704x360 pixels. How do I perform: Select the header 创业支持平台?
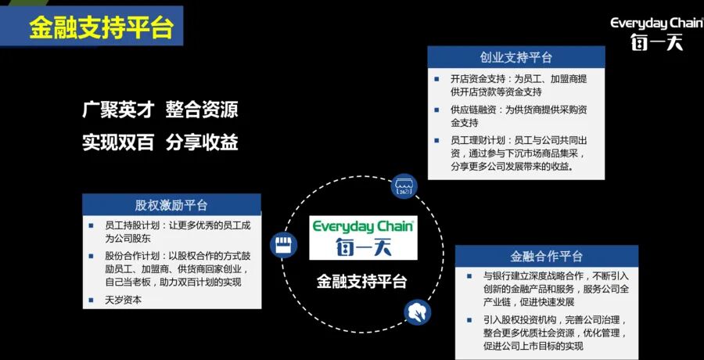[x=515, y=57]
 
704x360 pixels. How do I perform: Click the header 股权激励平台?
[x=171, y=205]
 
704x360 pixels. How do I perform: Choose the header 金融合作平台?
[x=546, y=256]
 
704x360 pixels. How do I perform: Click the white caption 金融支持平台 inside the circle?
[x=363, y=280]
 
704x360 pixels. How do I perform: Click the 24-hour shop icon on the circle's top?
[x=405, y=186]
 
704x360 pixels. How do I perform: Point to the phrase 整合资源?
[x=202, y=110]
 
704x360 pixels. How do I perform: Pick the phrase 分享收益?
[x=202, y=142]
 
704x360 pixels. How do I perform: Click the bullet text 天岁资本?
[x=123, y=299]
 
